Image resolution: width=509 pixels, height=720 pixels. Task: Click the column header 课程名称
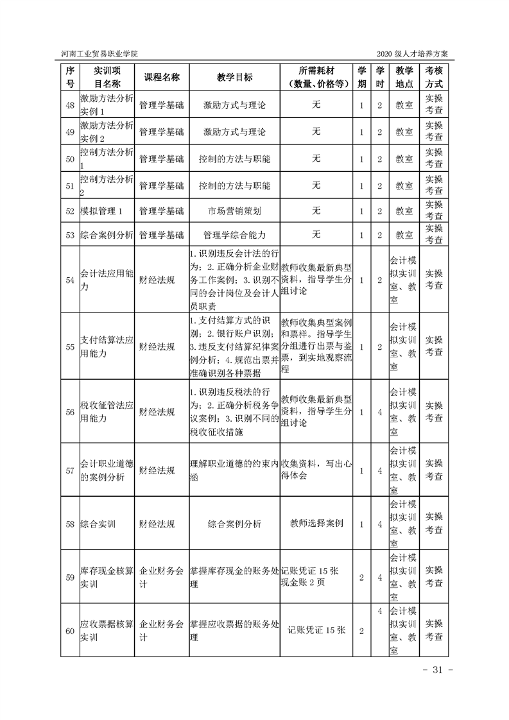point(161,77)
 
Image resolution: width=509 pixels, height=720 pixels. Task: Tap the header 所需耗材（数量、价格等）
point(316,77)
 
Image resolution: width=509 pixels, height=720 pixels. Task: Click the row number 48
point(71,105)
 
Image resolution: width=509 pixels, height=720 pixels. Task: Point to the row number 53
point(71,235)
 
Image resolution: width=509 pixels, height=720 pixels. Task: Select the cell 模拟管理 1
point(106,210)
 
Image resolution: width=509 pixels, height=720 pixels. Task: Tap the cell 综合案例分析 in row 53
point(106,235)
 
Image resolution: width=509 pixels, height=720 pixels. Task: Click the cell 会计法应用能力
point(106,280)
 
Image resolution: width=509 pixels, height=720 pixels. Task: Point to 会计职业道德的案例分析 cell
point(106,470)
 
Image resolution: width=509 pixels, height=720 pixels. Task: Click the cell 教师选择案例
point(316,523)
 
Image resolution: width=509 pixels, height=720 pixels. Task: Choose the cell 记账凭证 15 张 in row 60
point(316,631)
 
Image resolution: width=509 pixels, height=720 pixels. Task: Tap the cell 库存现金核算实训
point(106,577)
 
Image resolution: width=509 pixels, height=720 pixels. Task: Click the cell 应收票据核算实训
point(106,631)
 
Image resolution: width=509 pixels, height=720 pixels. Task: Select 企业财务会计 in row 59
point(161,577)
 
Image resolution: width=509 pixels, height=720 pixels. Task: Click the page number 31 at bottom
point(438,671)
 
